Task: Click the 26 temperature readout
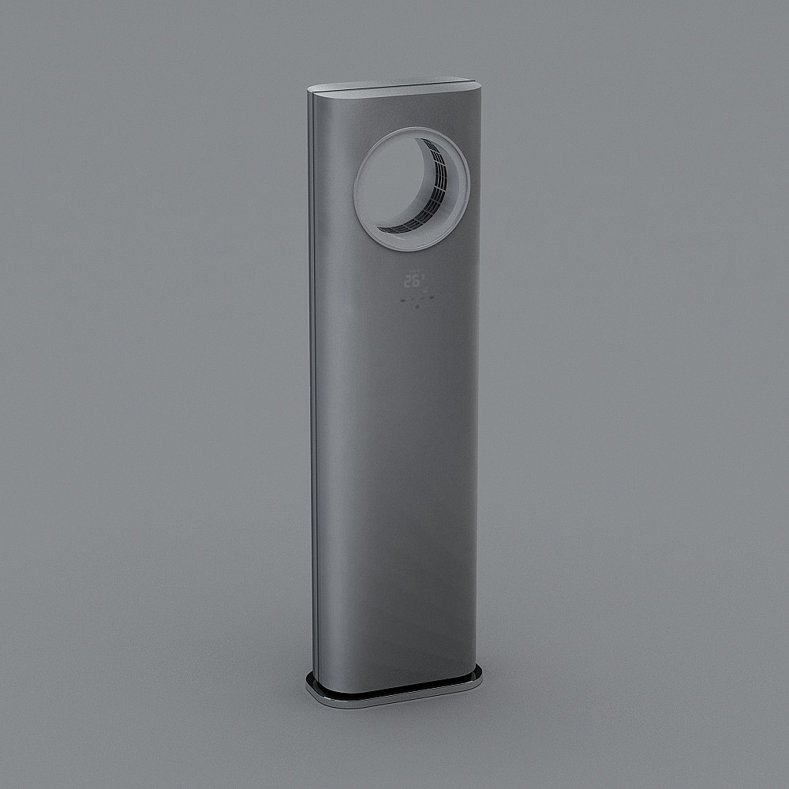pos(410,280)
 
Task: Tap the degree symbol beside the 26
pos(421,276)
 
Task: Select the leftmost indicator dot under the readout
pos(403,301)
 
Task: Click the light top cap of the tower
pos(394,88)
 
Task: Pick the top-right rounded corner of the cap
pos(475,82)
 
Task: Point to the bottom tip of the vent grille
pos(380,229)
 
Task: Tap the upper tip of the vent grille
pos(423,141)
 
